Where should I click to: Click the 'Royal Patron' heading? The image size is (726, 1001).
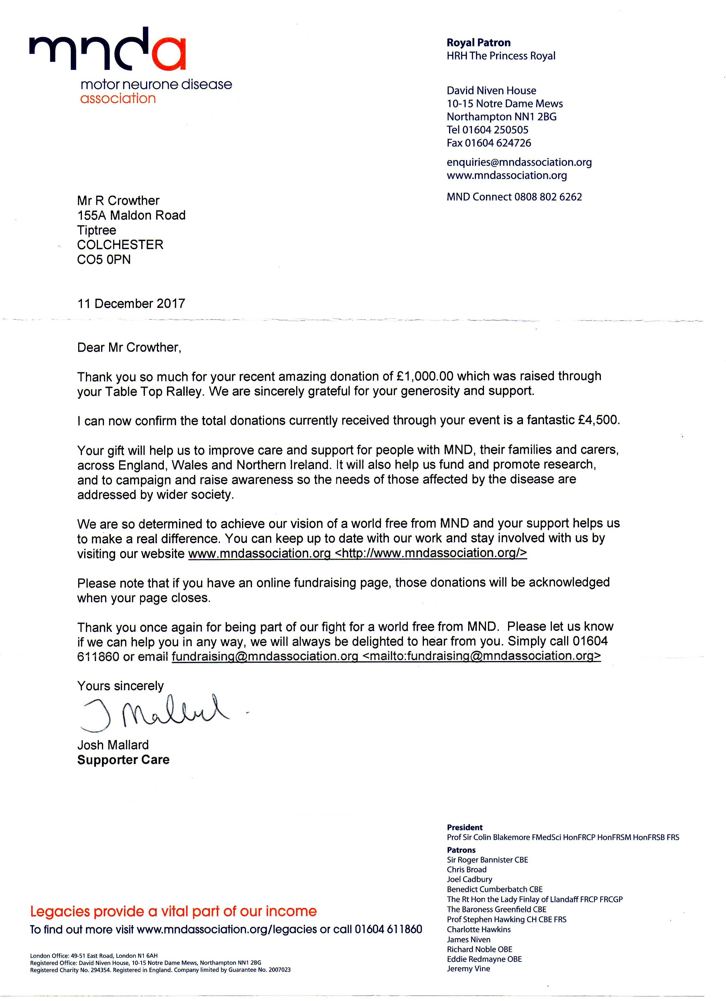[478, 43]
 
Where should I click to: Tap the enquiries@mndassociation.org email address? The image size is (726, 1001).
[519, 162]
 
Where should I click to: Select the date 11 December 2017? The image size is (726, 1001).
[131, 304]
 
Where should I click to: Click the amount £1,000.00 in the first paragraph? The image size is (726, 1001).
[425, 376]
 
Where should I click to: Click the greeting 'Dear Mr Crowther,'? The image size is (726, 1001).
[129, 348]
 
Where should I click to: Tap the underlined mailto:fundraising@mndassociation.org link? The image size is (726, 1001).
[481, 656]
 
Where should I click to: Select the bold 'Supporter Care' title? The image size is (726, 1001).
[123, 760]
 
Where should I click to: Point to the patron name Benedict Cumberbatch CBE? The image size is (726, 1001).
[494, 889]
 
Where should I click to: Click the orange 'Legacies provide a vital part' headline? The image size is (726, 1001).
[173, 911]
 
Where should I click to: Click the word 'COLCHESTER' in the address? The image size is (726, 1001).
[120, 245]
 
